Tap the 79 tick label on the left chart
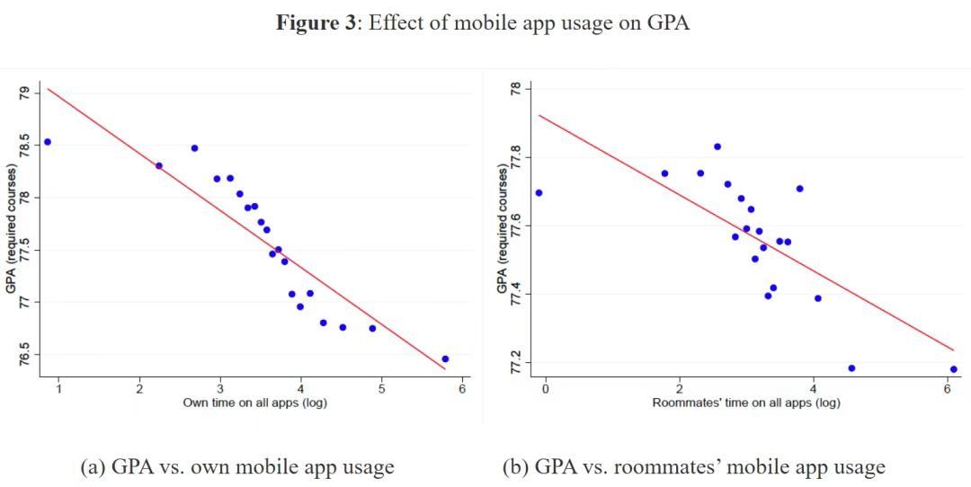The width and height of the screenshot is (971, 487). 24,93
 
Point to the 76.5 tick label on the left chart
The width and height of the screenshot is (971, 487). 24,353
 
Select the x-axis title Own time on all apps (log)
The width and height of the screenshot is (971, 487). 254,403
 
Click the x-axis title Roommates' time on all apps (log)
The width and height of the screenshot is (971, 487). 745,403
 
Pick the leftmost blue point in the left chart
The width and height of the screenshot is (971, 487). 48,142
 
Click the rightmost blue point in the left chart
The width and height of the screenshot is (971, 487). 445,359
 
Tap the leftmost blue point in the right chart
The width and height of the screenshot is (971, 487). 539,193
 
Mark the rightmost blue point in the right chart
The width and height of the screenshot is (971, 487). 953,369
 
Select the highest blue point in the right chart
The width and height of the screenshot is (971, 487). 717,146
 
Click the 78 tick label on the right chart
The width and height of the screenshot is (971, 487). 515,90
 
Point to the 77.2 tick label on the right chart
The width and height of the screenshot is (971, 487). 515,362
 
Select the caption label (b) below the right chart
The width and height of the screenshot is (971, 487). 516,467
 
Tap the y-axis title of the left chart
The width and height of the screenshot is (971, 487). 11,228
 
